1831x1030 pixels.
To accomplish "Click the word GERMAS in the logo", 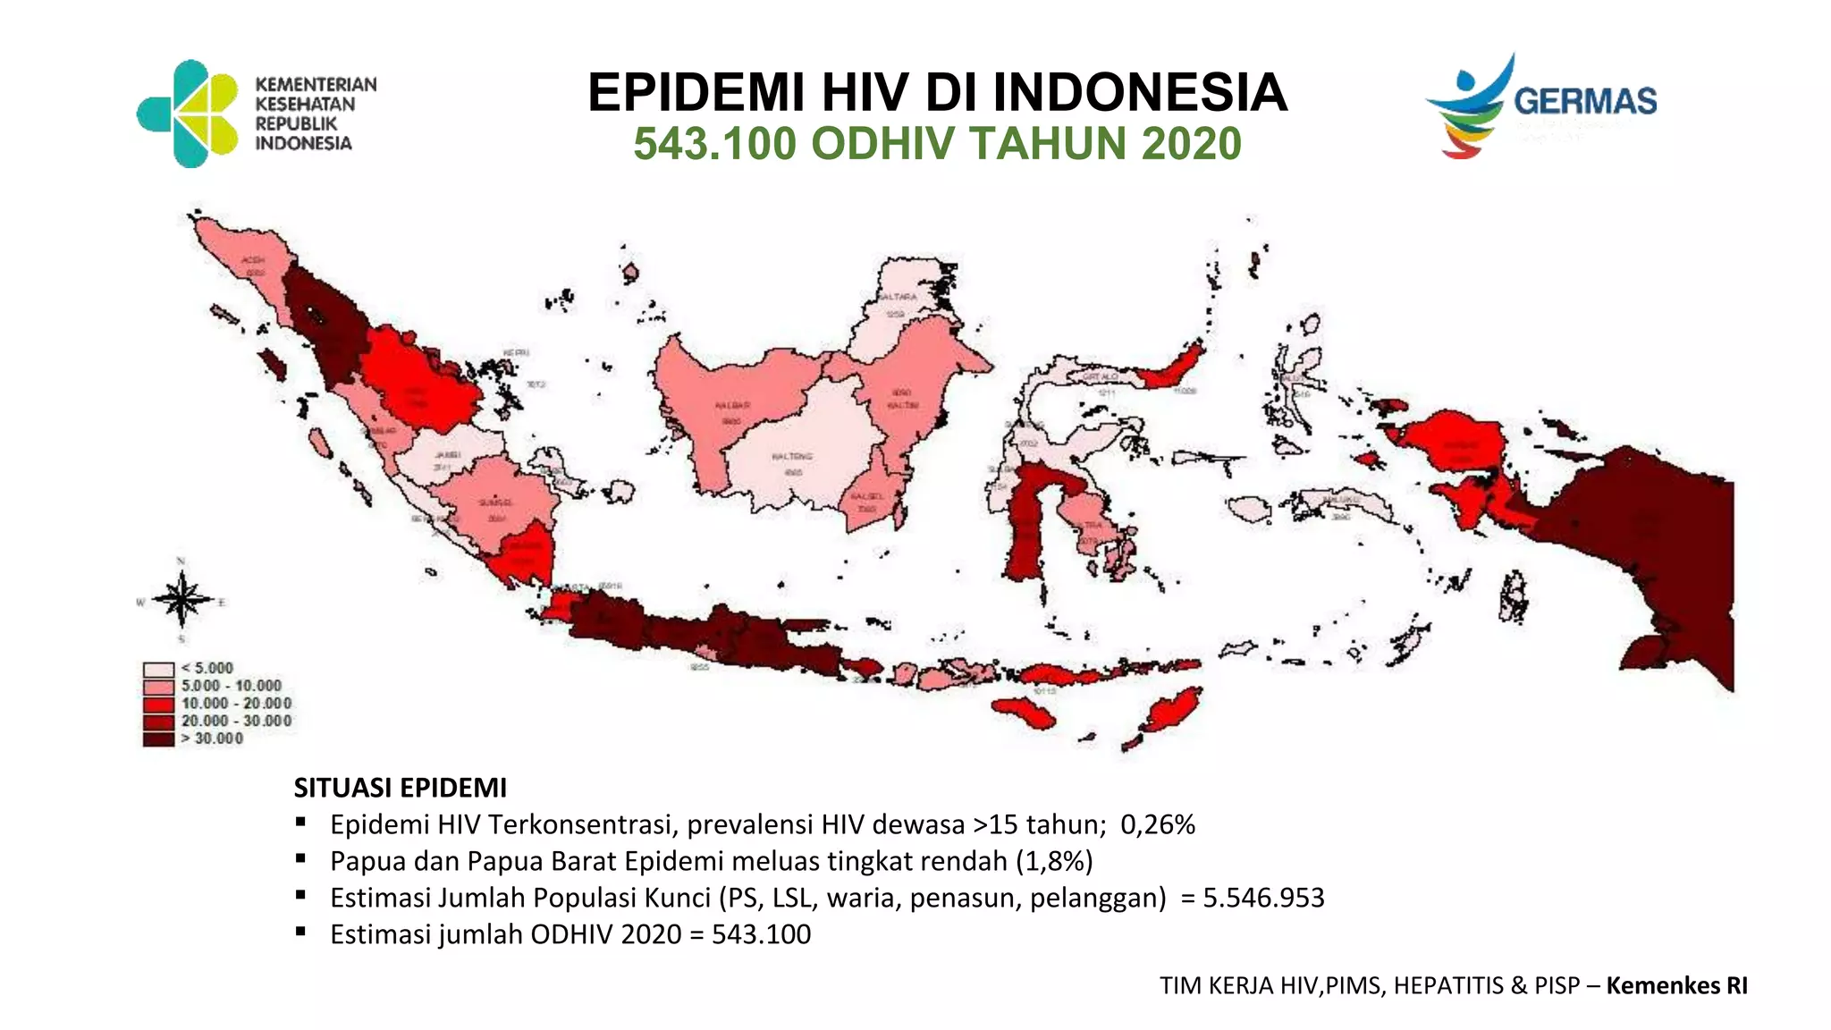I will (1584, 101).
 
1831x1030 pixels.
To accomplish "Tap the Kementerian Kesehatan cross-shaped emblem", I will (189, 114).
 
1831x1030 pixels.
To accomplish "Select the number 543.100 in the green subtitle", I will (714, 144).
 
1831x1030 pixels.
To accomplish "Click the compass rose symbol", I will (181, 600).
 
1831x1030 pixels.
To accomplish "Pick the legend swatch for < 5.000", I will (158, 669).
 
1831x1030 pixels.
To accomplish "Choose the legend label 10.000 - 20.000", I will (236, 704).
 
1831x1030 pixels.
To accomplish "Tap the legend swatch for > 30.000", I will (158, 739).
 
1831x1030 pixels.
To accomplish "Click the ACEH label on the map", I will (254, 260).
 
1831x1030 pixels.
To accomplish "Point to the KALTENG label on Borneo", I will (791, 456).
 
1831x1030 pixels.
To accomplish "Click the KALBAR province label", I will (732, 406).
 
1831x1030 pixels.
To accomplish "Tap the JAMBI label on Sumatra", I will (447, 455).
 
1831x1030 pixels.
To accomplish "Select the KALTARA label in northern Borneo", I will (897, 297).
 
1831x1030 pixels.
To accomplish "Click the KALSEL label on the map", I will (866, 496).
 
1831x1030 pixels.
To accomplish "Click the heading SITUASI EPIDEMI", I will (400, 788).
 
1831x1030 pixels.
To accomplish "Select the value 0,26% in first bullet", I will (1157, 824).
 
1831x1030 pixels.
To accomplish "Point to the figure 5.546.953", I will (1262, 898).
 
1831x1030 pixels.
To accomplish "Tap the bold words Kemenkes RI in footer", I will (1676, 985).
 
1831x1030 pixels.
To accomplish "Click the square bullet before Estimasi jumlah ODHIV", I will (301, 932).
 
